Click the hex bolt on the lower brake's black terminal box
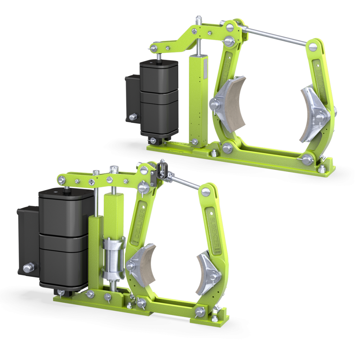click(x=27, y=268)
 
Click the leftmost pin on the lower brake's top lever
click(x=62, y=180)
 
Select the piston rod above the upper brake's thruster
click(x=159, y=57)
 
